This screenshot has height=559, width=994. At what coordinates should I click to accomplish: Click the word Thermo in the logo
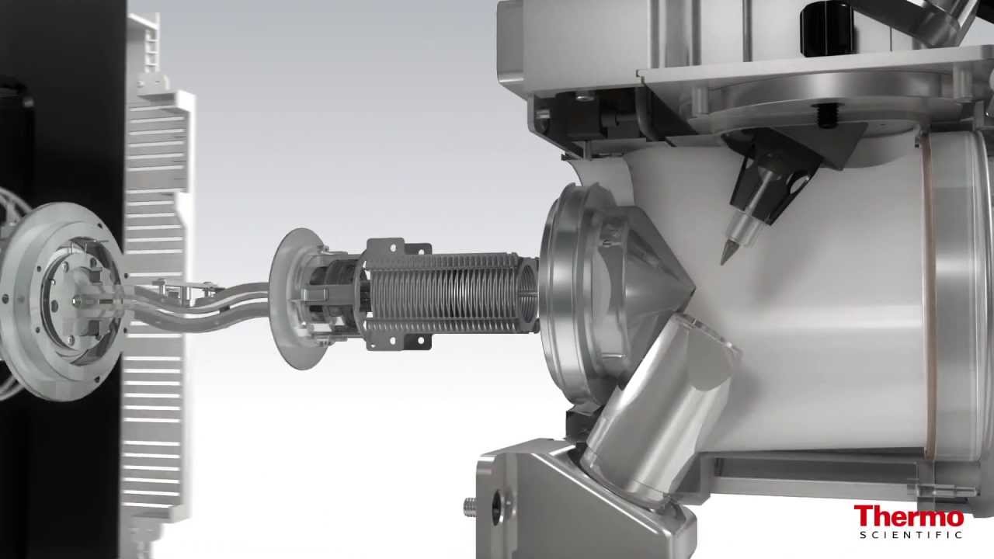coord(909,516)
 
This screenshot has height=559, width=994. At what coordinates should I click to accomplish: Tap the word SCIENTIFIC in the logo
coord(911,534)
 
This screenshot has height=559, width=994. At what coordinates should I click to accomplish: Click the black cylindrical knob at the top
coord(827,30)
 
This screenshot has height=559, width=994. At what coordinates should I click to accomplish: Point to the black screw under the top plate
coord(827,116)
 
